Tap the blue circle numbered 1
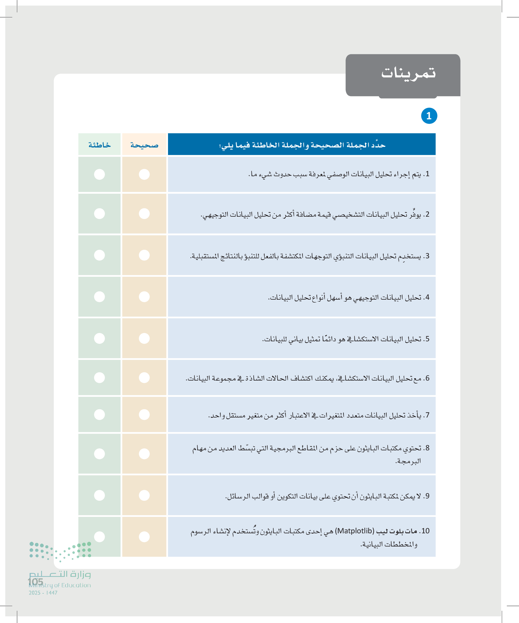[x=429, y=116]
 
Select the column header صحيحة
[x=144, y=145]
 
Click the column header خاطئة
[x=99, y=145]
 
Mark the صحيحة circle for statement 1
[x=144, y=174]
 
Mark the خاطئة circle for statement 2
[x=99, y=214]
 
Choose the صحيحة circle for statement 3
[x=144, y=255]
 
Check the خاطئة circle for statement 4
[x=99, y=297]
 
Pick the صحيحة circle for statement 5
[x=144, y=338]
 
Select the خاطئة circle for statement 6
[x=99, y=378]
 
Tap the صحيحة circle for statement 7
[x=144, y=415]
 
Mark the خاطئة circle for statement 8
[x=99, y=454]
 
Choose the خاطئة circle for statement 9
[x=99, y=495]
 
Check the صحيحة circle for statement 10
[x=144, y=537]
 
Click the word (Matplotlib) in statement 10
[x=355, y=531]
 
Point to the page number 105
[x=35, y=582]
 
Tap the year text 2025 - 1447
[x=43, y=593]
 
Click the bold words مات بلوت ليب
[x=397, y=531]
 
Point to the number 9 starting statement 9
[x=427, y=496]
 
